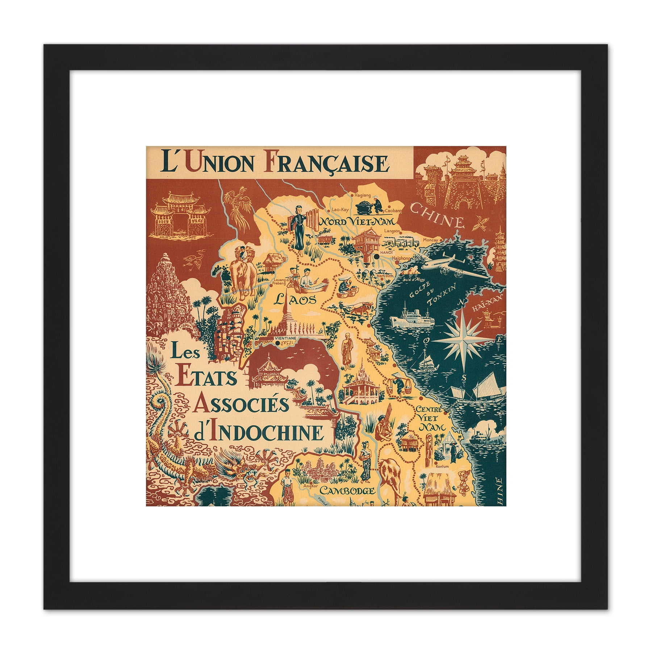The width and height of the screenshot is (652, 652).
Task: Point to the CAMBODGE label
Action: click(x=347, y=491)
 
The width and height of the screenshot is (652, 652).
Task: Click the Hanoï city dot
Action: click(x=377, y=256)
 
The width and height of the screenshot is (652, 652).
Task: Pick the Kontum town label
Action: click(x=443, y=467)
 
